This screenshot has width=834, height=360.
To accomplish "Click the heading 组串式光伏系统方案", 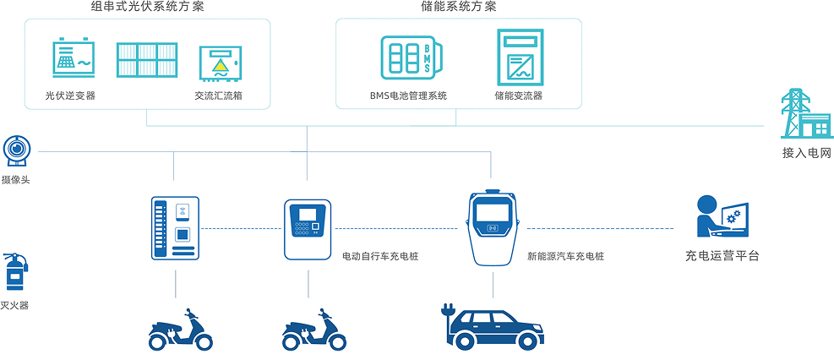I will point(147,8).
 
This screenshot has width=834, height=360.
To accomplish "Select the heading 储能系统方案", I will point(458,8).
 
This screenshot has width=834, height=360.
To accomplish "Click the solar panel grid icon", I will point(146,61).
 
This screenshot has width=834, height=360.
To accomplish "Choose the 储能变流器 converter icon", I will point(519,57).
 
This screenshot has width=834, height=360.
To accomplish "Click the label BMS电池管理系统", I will point(408,95).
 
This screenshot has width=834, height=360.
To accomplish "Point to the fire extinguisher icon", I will point(16,272).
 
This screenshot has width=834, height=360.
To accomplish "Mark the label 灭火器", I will point(15,305).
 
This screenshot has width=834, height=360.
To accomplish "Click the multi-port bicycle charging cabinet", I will point(175,227).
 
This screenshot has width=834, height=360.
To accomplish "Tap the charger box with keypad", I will point(308,228).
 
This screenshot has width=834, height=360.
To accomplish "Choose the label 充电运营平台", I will point(722,255).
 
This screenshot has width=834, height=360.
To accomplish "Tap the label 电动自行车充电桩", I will point(379,255).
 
